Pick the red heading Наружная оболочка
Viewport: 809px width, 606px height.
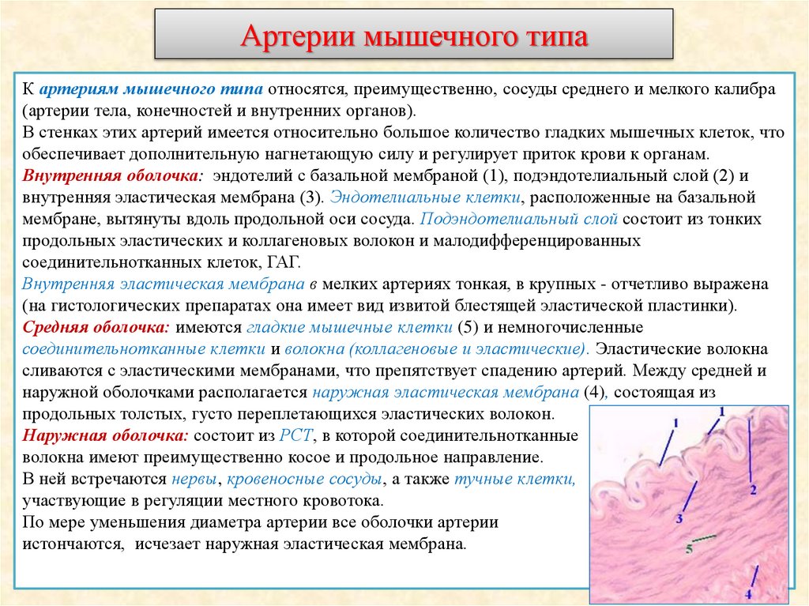[105, 435]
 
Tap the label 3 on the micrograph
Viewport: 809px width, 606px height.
[679, 519]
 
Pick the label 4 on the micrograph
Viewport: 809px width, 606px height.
[748, 593]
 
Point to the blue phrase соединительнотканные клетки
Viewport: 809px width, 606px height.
[145, 348]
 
